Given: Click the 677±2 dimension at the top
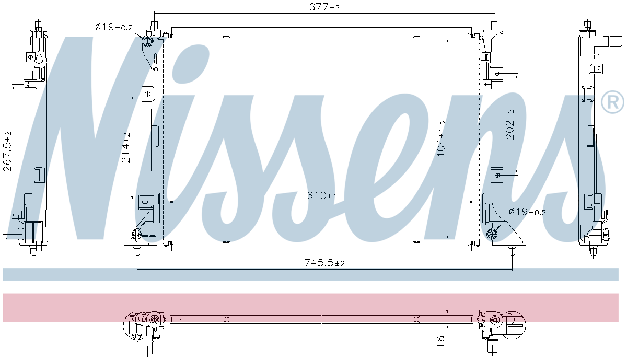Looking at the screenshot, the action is [x=324, y=7].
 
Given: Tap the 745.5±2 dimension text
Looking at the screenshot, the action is [x=324, y=263].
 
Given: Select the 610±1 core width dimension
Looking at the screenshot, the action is [x=321, y=195].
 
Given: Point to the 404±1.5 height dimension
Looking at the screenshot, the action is [x=441, y=139].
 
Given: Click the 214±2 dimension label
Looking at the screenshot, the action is [x=126, y=147].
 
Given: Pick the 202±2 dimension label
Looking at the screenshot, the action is [x=510, y=124].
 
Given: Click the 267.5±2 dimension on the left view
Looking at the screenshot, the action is [x=7, y=151].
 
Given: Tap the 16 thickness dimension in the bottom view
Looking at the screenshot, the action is [x=440, y=342].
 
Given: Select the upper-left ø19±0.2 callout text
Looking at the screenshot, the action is [x=114, y=27].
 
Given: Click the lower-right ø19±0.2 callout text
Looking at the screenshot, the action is [x=527, y=212].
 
